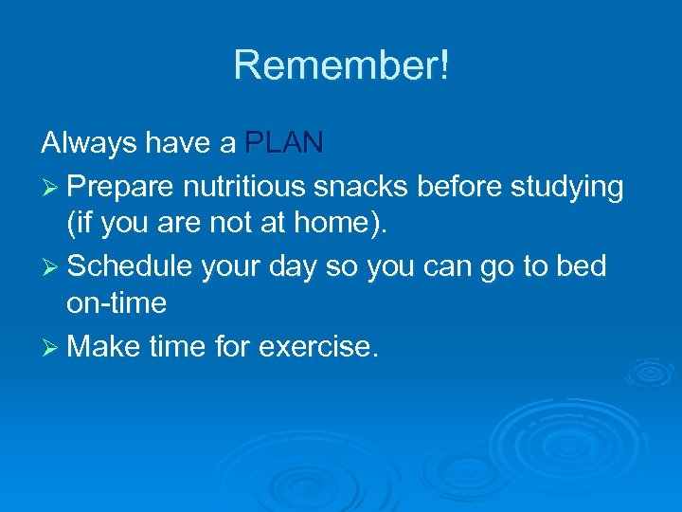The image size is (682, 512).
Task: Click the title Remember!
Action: pos(341,65)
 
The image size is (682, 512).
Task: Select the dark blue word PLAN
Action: pos(284,143)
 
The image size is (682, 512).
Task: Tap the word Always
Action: pos(86,143)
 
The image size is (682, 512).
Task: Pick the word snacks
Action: pos(363,188)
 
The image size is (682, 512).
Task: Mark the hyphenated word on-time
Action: pos(117,303)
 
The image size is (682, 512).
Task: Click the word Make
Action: pos(105,346)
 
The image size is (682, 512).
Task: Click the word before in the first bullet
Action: pos(458,188)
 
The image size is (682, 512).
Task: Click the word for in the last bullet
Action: pos(230,346)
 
